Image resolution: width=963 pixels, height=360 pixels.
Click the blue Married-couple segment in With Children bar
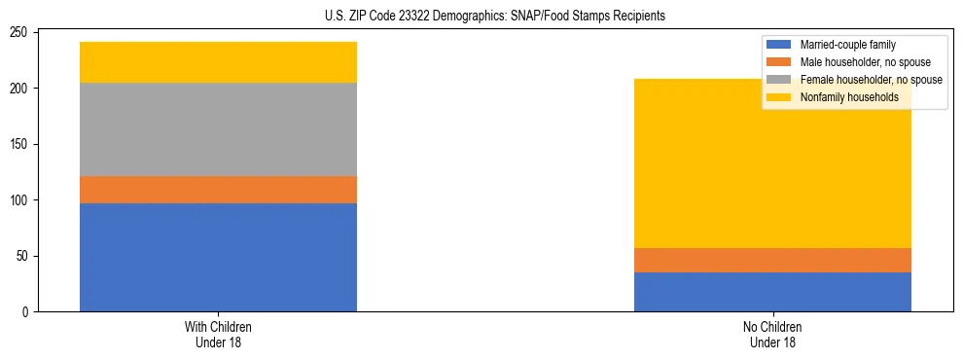(218, 257)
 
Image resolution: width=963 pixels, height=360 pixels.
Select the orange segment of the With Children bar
(218, 190)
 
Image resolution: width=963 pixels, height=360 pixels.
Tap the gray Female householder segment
(218, 129)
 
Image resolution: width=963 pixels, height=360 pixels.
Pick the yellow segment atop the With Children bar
(218, 62)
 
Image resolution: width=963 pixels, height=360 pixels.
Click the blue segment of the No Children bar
(772, 292)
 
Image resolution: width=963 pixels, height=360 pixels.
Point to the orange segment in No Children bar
(772, 260)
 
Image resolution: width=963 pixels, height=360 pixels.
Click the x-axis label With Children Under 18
(218, 335)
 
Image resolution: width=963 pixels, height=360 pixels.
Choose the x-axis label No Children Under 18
(772, 335)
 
